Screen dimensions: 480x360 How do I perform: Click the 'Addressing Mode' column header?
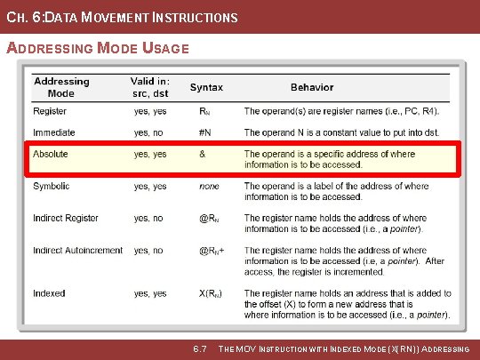click(x=61, y=87)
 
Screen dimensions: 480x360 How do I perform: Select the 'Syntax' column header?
click(x=206, y=87)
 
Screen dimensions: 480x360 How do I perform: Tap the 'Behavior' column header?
click(x=312, y=87)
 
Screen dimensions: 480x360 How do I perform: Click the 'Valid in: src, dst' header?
click(x=149, y=87)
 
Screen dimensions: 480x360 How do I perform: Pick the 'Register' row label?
click(x=49, y=112)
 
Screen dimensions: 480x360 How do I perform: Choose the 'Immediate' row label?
click(x=53, y=133)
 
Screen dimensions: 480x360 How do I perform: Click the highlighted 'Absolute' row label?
click(x=50, y=155)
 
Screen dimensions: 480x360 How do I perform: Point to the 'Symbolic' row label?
click(x=51, y=187)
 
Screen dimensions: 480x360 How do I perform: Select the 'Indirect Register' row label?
click(x=66, y=219)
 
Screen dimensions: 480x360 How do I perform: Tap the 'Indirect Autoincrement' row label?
click(x=77, y=251)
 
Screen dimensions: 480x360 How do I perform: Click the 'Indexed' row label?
click(x=49, y=293)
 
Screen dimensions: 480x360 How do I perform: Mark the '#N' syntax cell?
click(x=205, y=133)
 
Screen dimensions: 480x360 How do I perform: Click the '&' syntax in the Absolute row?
click(x=202, y=155)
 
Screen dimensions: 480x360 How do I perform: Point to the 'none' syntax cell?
click(x=209, y=187)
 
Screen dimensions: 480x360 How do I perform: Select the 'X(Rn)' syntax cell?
click(x=211, y=293)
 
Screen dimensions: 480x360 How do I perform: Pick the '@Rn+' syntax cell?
click(x=212, y=251)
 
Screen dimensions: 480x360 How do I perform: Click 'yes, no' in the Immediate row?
click(x=149, y=133)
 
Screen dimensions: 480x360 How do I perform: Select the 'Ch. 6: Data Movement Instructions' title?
click(x=122, y=17)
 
